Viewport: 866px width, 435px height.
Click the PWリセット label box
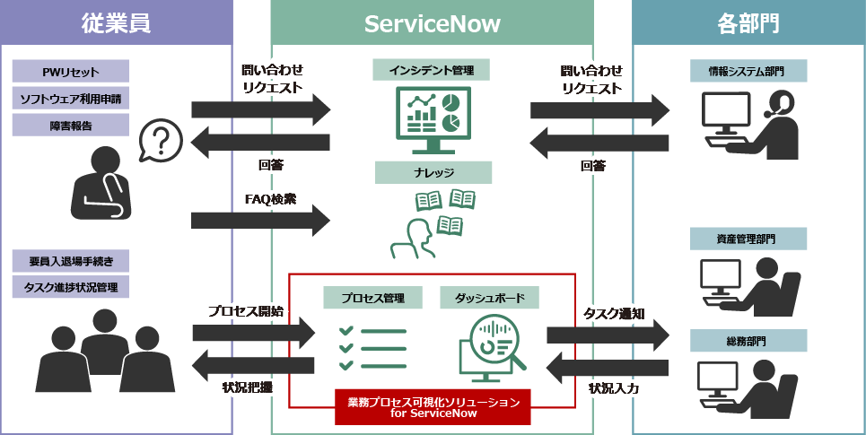[x=71, y=72]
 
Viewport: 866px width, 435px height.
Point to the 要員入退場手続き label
[x=71, y=261]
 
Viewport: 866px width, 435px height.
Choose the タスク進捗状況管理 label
[x=71, y=287]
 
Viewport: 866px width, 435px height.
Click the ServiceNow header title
[x=432, y=24]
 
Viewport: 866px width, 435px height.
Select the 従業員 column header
[x=116, y=24]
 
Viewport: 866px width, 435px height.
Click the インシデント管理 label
[x=432, y=70]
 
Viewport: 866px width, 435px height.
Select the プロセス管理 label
[x=372, y=297]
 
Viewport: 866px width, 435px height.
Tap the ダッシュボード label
[x=489, y=297]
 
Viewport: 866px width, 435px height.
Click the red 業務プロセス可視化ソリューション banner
[x=433, y=406]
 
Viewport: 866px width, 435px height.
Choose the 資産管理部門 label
[x=748, y=239]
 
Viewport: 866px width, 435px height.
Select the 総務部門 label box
[x=748, y=341]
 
